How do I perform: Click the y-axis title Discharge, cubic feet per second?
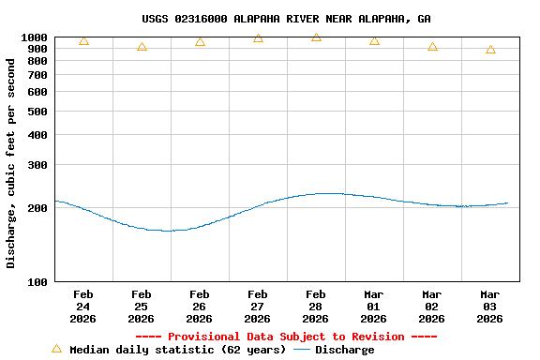click(11, 163)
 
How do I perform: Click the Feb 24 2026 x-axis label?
click(82, 307)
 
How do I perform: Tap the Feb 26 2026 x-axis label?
click(199, 307)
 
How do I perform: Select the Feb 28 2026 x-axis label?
click(315, 307)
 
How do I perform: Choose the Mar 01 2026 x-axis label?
click(373, 307)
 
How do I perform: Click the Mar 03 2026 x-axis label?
click(489, 307)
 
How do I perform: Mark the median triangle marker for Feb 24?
click(83, 40)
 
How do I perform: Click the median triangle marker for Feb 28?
click(316, 37)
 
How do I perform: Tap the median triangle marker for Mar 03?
click(490, 50)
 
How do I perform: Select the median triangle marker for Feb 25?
click(142, 46)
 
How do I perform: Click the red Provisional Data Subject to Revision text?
click(286, 337)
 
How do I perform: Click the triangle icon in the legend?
click(56, 349)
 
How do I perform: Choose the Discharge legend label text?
click(344, 350)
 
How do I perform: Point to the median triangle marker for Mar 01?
click(374, 40)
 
